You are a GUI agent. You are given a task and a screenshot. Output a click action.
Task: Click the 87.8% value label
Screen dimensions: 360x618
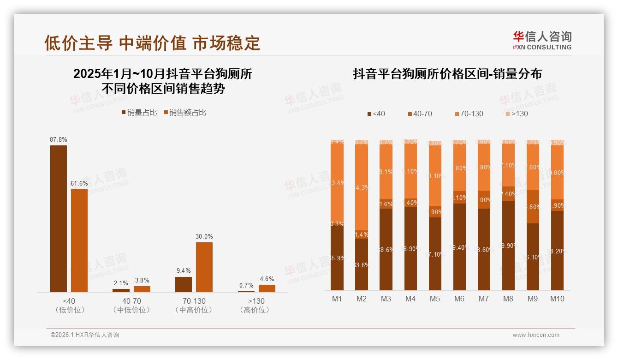59,139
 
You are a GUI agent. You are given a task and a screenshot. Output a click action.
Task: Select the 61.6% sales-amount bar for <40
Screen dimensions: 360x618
79,240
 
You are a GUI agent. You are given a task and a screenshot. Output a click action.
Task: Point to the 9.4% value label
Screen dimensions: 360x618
183,271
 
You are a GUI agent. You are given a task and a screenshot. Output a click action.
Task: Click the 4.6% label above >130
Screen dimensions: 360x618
267,279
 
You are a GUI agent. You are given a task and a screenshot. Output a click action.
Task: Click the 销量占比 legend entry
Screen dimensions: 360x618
139,113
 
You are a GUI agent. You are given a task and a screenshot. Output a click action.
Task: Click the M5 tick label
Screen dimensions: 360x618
434,299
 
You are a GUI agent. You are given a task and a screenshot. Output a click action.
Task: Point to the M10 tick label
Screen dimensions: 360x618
557,299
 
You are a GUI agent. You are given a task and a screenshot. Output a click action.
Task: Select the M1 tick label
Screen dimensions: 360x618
337,299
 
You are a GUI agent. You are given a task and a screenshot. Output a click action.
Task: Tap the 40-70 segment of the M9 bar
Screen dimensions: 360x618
533,206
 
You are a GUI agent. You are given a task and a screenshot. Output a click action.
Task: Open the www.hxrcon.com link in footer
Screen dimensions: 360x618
536,335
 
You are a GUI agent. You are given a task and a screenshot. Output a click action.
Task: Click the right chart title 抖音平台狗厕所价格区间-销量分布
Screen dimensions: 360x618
447,74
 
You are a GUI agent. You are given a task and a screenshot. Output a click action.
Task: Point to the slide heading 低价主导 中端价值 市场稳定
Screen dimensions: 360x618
152,43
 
